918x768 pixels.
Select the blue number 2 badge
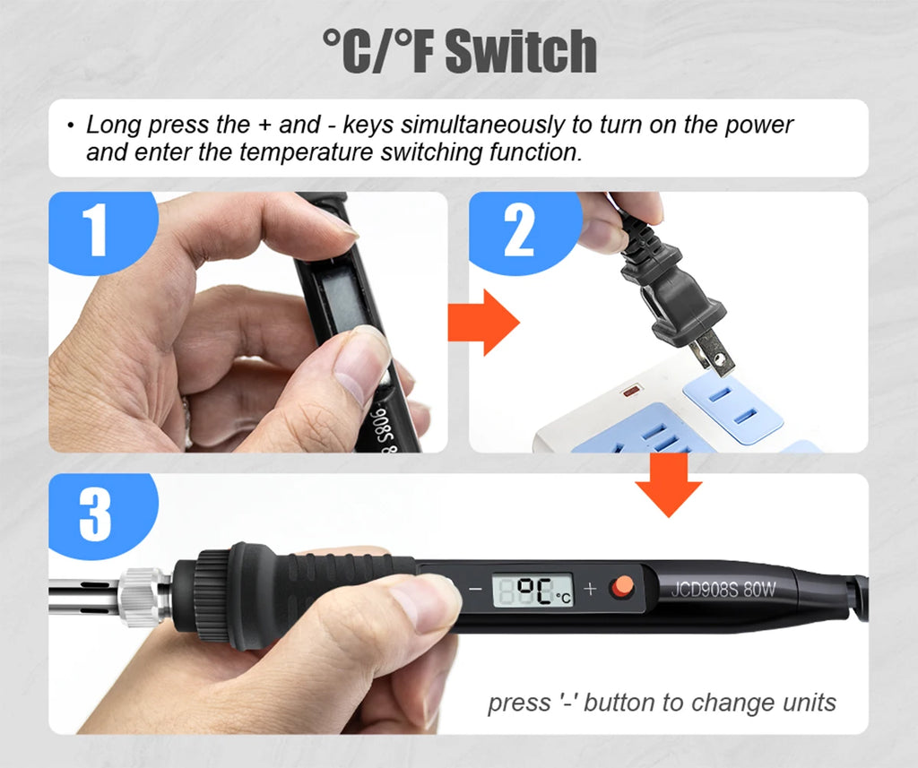[x=523, y=231]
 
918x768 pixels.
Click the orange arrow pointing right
[x=483, y=322]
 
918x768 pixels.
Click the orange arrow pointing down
[x=669, y=485]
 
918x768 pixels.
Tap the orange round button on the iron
[x=622, y=587]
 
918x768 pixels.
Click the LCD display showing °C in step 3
[x=533, y=590]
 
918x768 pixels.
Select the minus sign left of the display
[x=475, y=589]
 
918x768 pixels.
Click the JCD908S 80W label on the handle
[x=723, y=588]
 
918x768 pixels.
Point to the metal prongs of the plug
[x=711, y=351]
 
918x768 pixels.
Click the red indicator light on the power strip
[x=631, y=391]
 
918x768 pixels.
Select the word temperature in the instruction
[x=306, y=152]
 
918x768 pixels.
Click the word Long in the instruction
[x=113, y=125]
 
